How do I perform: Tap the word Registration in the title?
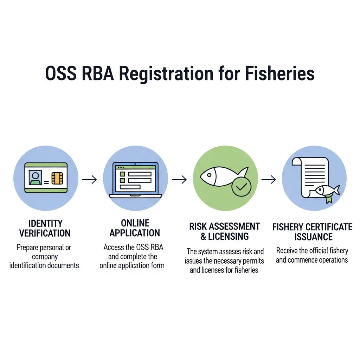coord(166,74)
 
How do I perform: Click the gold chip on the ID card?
coord(57,178)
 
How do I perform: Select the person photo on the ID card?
coord(36,178)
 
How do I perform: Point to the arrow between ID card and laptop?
coord(90,179)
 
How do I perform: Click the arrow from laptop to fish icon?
coord(179,179)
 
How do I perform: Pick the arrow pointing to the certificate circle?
coord(269,179)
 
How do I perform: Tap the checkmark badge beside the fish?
coord(241,187)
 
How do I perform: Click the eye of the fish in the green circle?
coord(209,175)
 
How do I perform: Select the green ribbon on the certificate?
coord(329,198)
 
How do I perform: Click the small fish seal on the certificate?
coord(327,190)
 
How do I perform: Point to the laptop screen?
coord(135,178)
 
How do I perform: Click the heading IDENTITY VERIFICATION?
coord(45,228)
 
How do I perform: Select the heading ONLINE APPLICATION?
coord(135,228)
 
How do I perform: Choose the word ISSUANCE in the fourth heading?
coord(313,237)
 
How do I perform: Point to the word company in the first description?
coord(45,257)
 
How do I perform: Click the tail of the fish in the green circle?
coord(243,172)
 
